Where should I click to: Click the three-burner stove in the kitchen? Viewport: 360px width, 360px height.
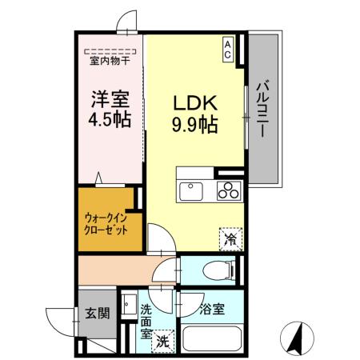[x=227, y=190]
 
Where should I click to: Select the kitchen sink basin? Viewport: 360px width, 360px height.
[x=191, y=190]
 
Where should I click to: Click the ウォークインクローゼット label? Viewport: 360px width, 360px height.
[x=106, y=221]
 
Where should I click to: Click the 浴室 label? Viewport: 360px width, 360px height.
[x=211, y=308]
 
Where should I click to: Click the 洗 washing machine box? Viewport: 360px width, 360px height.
[x=163, y=339]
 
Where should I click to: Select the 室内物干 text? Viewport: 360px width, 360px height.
[x=110, y=58]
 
